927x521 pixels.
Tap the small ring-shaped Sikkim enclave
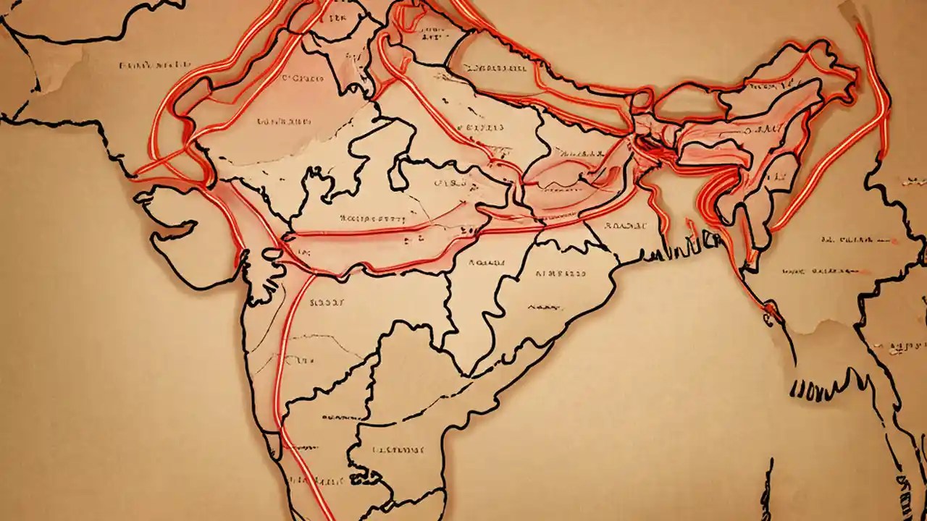tap(643, 101)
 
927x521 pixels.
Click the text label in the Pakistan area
tap(145, 65)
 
